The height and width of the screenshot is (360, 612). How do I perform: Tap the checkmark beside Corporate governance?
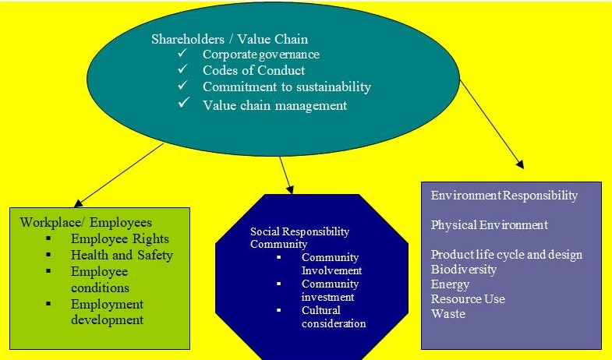(182, 54)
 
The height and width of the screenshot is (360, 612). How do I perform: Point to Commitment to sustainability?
(286, 86)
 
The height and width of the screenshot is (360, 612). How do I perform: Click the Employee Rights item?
(119, 239)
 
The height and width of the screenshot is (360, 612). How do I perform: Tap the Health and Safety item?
(121, 255)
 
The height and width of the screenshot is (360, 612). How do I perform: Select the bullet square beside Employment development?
(49, 304)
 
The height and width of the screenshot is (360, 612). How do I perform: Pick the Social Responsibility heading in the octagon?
(299, 232)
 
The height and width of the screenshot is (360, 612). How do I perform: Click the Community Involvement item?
(330, 264)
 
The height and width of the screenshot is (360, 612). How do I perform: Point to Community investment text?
(330, 290)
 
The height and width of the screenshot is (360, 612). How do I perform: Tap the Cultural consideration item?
(334, 317)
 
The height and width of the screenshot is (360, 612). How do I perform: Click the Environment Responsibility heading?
(504, 196)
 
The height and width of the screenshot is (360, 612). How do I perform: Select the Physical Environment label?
(489, 225)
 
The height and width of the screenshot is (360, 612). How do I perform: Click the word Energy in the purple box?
(450, 284)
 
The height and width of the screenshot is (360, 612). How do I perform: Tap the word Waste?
(448, 314)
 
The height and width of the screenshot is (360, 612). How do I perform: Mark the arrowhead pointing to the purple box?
(519, 164)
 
